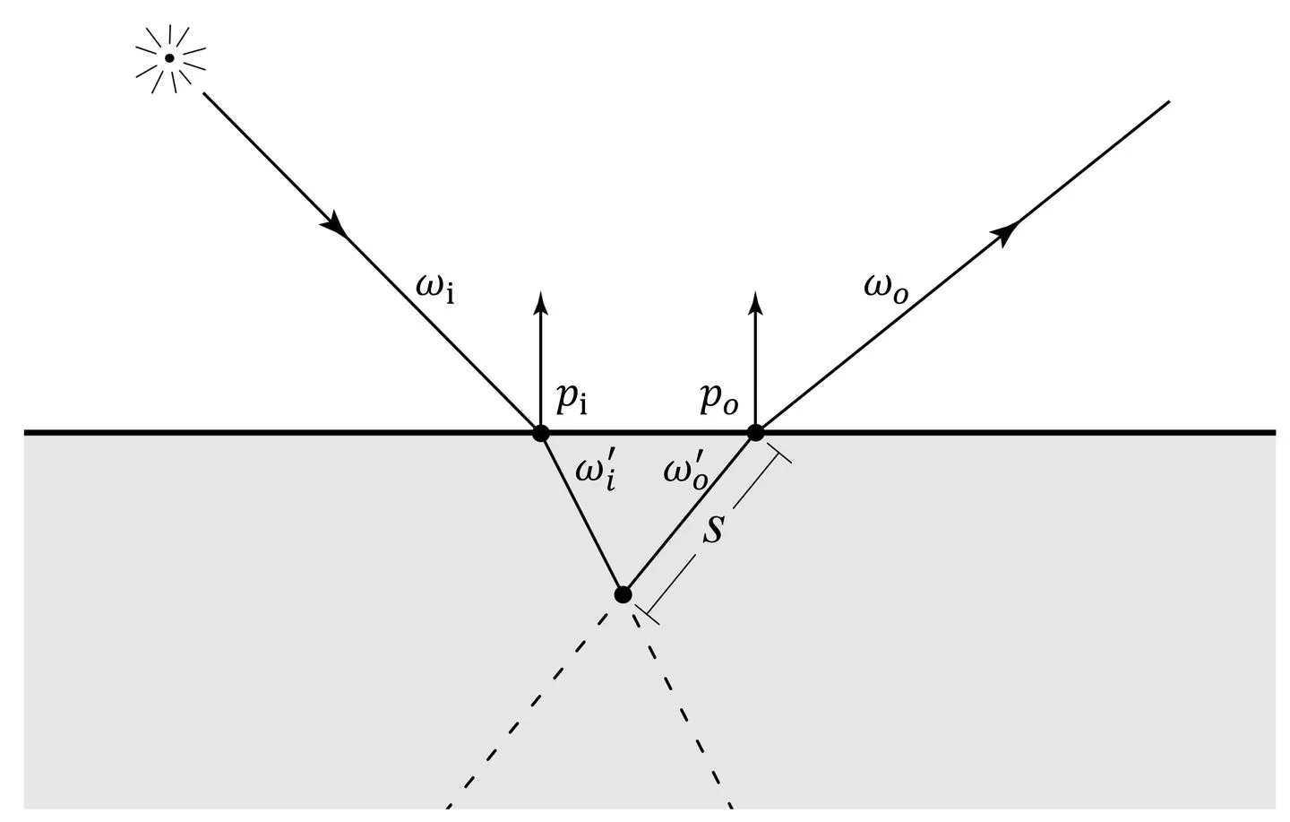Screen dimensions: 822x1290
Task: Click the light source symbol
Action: (169, 58)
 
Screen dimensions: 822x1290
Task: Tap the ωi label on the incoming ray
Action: (435, 288)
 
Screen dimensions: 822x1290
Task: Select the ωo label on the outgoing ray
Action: (886, 288)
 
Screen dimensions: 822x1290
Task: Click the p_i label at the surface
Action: (572, 400)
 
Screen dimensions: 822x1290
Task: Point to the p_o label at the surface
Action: (718, 400)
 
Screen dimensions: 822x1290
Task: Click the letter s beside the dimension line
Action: (712, 528)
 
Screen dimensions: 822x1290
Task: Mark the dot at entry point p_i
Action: (540, 433)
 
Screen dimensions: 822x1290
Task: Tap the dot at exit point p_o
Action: (755, 433)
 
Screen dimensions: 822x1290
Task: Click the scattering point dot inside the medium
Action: (623, 593)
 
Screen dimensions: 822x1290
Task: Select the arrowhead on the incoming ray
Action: (337, 225)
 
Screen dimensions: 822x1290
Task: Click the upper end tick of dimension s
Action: (780, 456)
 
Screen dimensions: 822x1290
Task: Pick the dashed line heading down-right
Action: (685, 708)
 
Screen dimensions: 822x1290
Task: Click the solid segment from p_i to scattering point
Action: (581, 513)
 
